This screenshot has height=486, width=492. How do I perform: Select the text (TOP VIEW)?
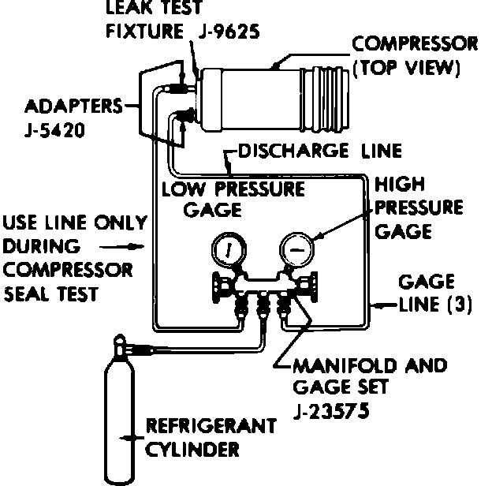click(x=407, y=68)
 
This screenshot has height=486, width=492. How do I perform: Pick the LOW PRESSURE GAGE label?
click(x=232, y=199)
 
